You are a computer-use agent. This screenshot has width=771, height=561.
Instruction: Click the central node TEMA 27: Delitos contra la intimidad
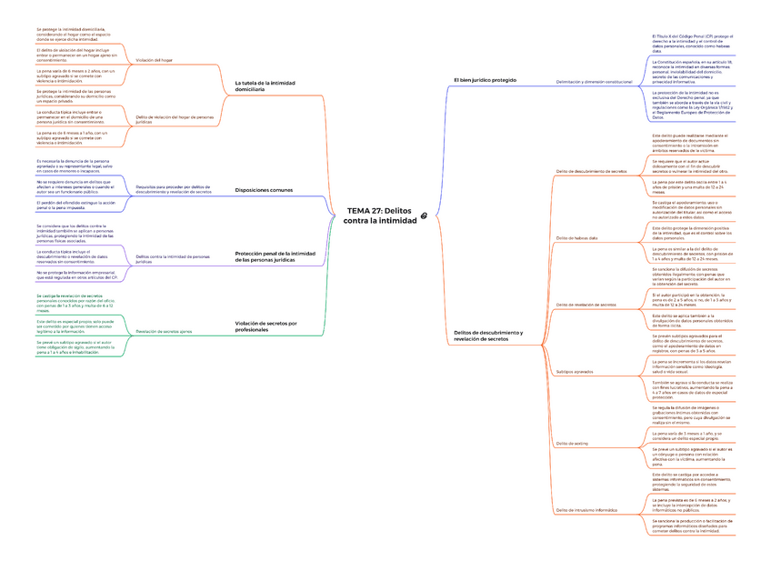click(379, 215)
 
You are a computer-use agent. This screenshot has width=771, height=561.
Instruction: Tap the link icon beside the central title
click(425, 215)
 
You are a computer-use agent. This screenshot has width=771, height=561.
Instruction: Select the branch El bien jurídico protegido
click(485, 80)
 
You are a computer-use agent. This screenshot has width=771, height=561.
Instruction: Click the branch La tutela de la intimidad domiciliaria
click(265, 86)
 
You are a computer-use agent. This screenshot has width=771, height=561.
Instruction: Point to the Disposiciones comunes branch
click(264, 190)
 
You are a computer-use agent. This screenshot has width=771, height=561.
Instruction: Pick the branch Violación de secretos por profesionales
click(266, 326)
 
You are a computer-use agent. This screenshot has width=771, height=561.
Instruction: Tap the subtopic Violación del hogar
click(154, 60)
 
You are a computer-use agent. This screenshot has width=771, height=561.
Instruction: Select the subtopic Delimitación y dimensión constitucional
click(593, 82)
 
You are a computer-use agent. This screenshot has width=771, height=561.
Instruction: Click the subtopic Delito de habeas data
click(576, 238)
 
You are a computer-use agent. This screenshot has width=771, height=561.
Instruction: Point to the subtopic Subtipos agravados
click(574, 372)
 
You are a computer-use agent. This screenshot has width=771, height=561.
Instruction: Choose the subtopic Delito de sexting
click(572, 444)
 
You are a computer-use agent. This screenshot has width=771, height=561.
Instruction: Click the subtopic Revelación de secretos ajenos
click(164, 331)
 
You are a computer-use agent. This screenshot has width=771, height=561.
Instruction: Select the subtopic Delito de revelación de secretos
click(586, 305)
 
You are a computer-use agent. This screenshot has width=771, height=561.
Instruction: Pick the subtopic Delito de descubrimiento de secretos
click(590, 171)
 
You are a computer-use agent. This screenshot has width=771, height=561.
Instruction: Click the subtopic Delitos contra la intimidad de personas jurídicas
click(173, 258)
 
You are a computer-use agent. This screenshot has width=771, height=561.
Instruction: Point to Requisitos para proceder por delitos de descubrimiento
click(174, 190)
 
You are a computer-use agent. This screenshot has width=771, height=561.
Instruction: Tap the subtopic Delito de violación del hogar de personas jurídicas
click(175, 119)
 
